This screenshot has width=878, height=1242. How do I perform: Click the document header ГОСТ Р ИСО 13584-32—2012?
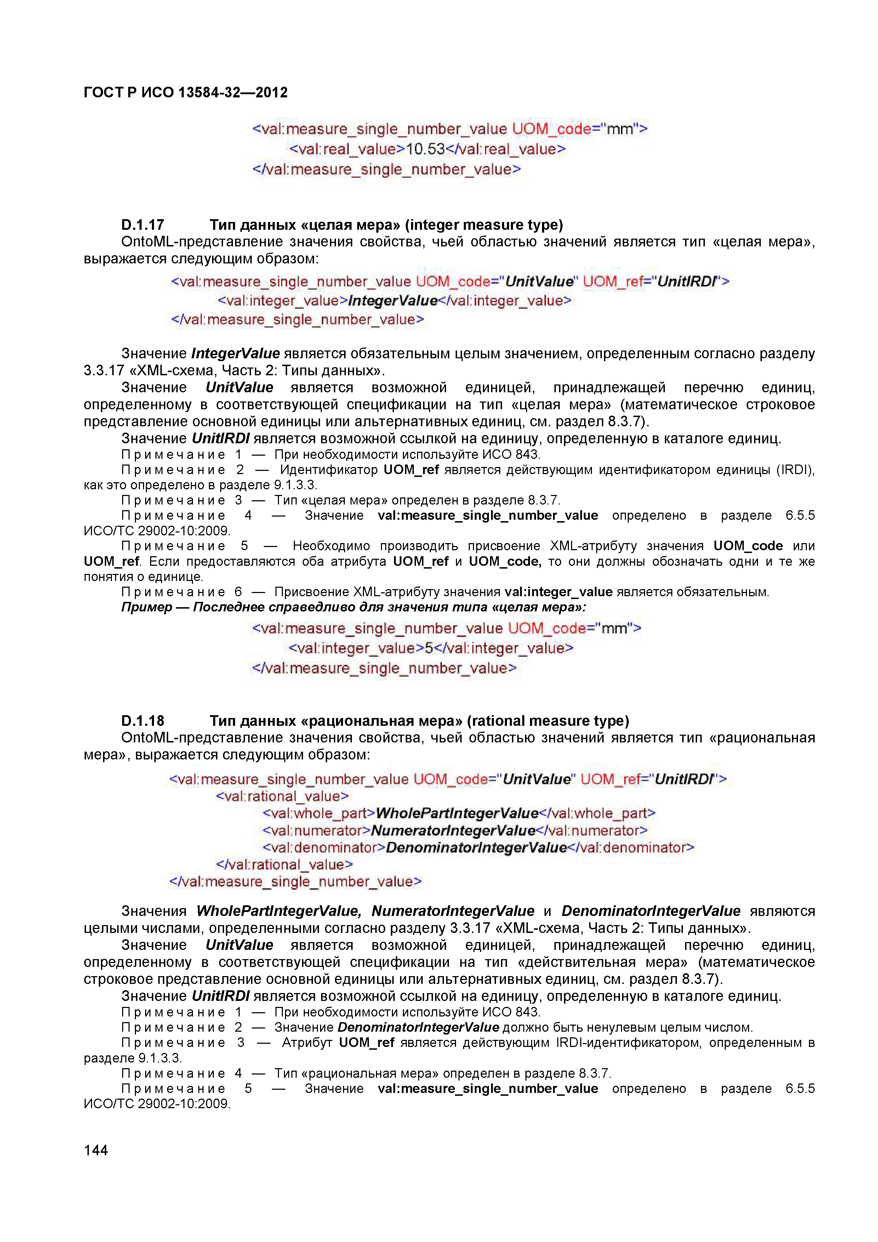pyautogui.click(x=186, y=92)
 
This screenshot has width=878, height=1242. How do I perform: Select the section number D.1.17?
pyautogui.click(x=142, y=225)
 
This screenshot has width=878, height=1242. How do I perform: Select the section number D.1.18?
pyautogui.click(x=142, y=721)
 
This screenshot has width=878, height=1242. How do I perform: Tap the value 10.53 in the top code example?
pyautogui.click(x=425, y=149)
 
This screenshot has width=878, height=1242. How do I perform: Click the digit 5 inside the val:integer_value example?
pyautogui.click(x=428, y=648)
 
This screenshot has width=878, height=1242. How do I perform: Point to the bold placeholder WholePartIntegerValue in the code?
pyautogui.click(x=457, y=814)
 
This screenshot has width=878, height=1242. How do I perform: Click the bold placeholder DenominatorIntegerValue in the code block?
pyautogui.click(x=476, y=848)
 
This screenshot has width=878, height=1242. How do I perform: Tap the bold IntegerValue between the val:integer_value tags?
pyautogui.click(x=393, y=301)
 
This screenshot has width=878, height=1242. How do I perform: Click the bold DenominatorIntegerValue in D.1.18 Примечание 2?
pyautogui.click(x=418, y=1027)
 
